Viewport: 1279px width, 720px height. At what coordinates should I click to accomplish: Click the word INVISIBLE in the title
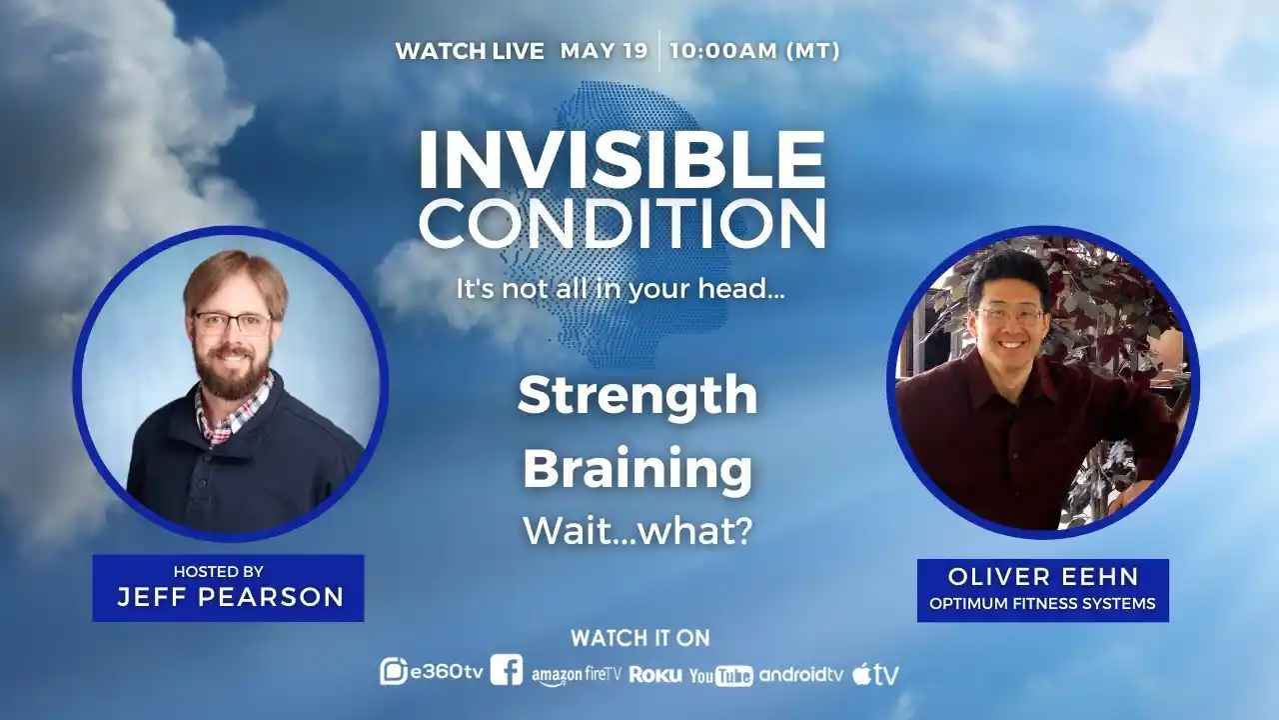point(621,160)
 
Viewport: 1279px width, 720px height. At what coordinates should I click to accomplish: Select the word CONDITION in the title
point(621,224)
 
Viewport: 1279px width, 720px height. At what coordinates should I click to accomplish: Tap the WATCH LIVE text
point(470,51)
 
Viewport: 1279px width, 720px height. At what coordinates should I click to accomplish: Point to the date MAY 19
point(604,51)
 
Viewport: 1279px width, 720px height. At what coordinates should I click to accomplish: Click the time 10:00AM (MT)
point(754,51)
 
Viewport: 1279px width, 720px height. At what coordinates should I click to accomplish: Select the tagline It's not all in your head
point(621,290)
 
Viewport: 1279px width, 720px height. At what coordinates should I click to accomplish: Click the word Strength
point(638,396)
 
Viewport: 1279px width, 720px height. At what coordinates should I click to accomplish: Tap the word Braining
point(638,469)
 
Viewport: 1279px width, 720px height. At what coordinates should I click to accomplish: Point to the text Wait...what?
point(638,531)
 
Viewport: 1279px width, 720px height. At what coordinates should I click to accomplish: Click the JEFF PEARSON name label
point(230,597)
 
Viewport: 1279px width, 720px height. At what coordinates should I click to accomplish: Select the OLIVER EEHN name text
point(1043,577)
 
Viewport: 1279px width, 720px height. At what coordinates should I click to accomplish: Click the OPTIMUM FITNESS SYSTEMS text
point(1043,603)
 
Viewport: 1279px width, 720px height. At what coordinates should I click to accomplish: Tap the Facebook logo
point(507,671)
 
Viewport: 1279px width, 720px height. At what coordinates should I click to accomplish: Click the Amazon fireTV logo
point(576,675)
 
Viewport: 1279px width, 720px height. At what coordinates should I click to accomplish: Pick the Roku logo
point(655,675)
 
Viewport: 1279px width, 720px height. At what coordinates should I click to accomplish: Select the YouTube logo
point(720,676)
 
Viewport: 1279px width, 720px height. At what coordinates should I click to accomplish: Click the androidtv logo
point(801,674)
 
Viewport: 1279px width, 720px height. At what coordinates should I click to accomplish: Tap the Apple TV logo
point(875,675)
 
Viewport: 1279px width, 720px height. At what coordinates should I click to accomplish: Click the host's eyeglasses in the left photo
point(232,323)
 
